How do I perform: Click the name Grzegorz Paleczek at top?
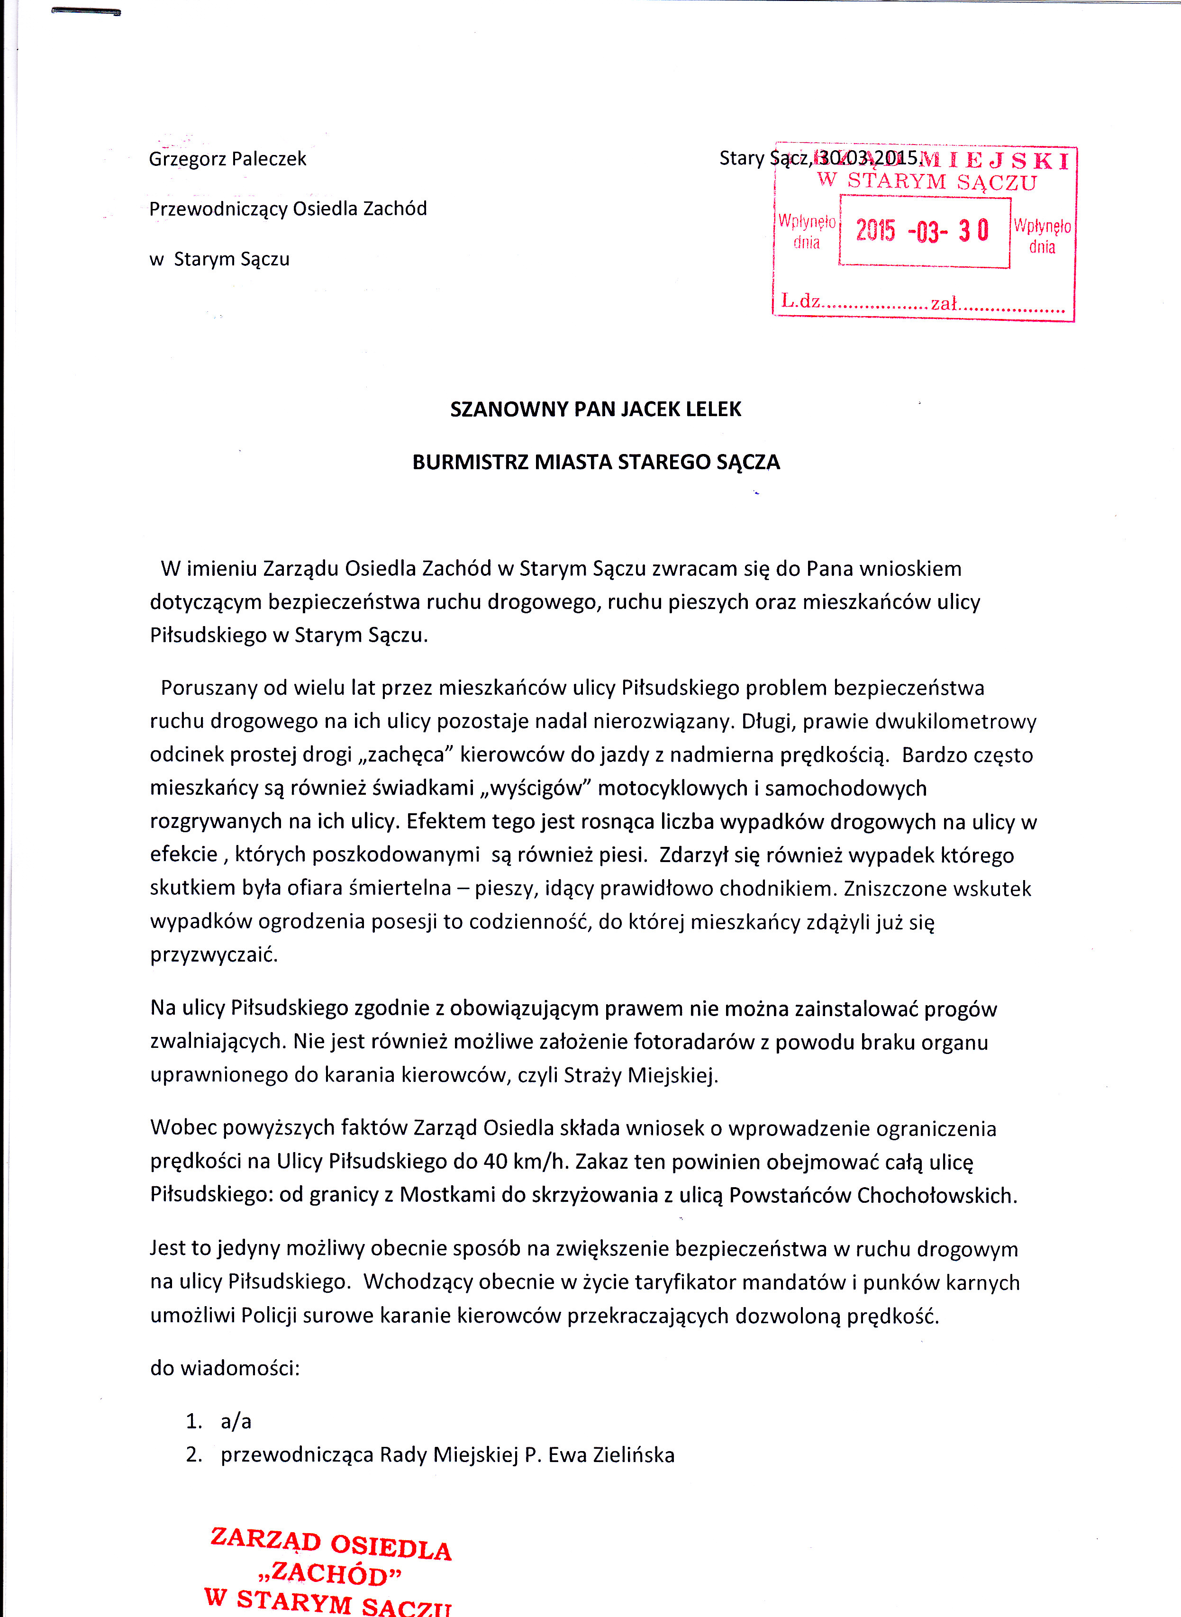[227, 159]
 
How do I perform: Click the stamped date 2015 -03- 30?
[922, 231]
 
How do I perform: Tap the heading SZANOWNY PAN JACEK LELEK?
[596, 409]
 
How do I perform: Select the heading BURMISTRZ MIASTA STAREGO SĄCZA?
[596, 463]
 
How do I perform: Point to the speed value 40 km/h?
[525, 1162]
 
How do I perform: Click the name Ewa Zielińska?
[611, 1455]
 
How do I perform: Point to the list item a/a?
[236, 1421]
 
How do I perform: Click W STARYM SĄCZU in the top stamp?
[927, 182]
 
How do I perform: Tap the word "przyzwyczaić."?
[214, 955]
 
